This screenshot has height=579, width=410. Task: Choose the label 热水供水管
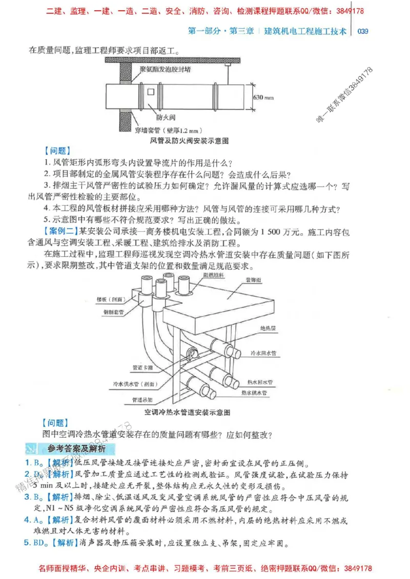(255, 393)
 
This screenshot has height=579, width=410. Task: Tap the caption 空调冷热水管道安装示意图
(188, 412)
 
